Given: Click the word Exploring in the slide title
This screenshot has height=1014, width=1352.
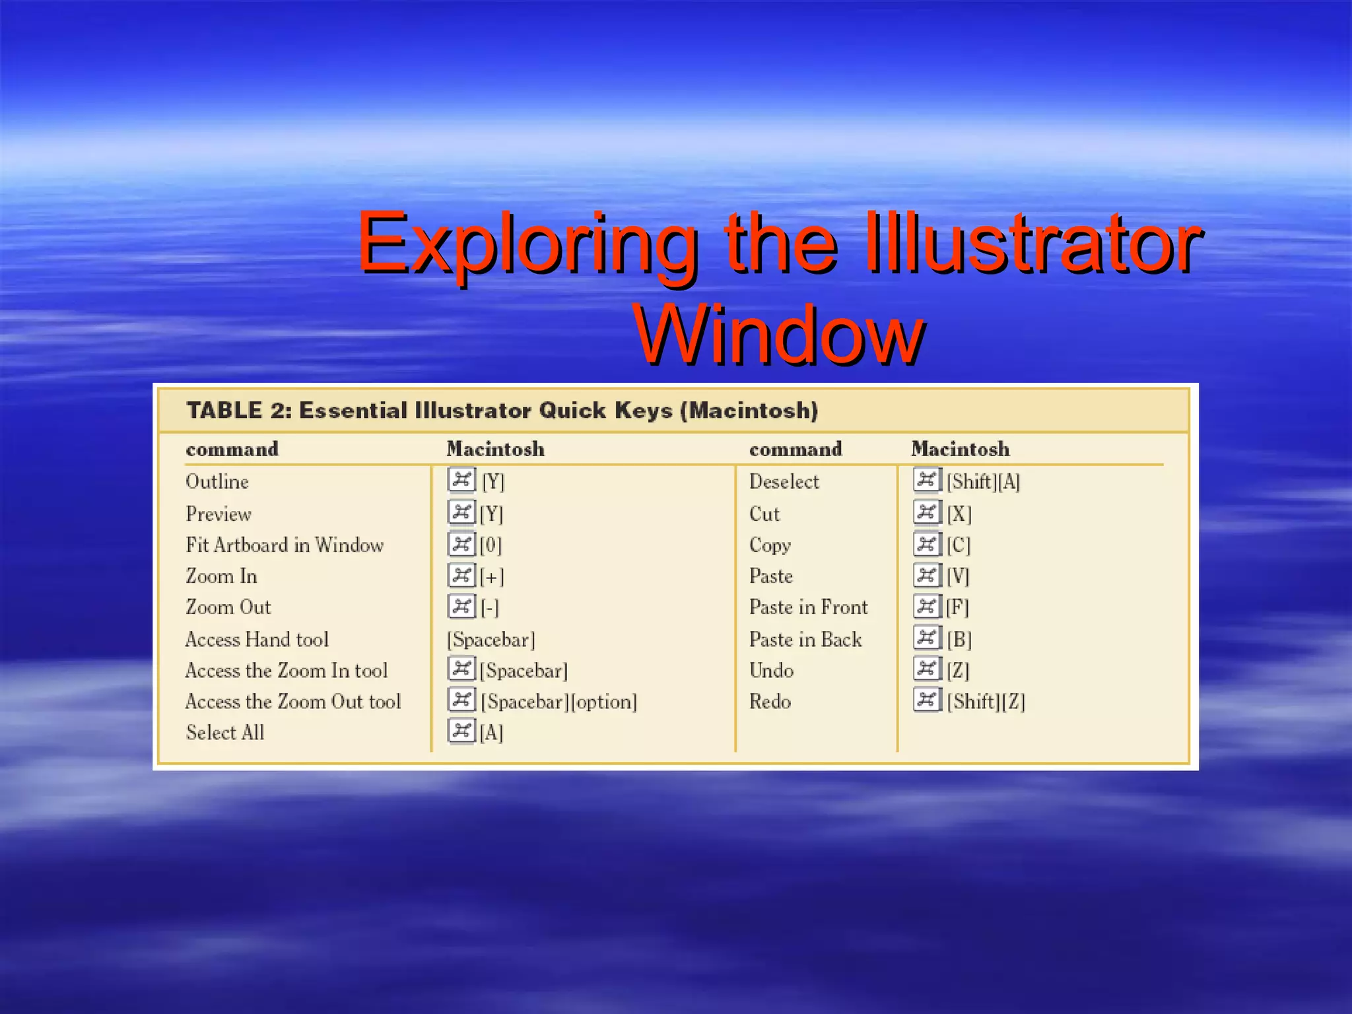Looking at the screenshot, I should tap(527, 244).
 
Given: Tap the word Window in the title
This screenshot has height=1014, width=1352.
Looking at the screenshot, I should tap(779, 335).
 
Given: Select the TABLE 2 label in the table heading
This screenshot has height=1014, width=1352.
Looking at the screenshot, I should tap(238, 411).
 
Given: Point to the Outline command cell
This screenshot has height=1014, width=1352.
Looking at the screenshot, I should tap(217, 482).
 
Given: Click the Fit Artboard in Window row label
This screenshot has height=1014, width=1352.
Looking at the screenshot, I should tap(285, 545).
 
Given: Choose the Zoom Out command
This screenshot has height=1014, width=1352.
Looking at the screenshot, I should tap(228, 607).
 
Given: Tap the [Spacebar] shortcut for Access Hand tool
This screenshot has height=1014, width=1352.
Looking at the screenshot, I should tap(491, 640).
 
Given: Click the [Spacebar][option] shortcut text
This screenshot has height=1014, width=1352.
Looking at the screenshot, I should tap(558, 702).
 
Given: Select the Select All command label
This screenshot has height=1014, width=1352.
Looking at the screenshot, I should tap(225, 733).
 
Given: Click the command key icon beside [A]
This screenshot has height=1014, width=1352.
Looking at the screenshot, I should tap(461, 731).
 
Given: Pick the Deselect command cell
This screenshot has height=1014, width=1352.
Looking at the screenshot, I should tap(784, 482).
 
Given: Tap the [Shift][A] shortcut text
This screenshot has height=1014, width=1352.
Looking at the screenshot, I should tap(983, 482).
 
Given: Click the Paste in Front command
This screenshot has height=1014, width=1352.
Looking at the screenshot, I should tap(808, 607).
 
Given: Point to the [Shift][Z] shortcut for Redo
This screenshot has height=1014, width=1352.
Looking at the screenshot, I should tap(986, 702).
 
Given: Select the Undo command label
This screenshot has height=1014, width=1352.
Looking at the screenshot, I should tap(771, 671).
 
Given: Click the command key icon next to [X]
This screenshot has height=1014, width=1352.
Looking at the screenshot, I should tap(927, 512).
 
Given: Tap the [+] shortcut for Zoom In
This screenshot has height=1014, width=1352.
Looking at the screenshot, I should tap(492, 577).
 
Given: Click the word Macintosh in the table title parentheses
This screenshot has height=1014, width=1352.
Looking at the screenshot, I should tap(749, 411).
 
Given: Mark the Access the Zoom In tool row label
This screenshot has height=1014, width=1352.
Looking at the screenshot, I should tap(287, 671).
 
